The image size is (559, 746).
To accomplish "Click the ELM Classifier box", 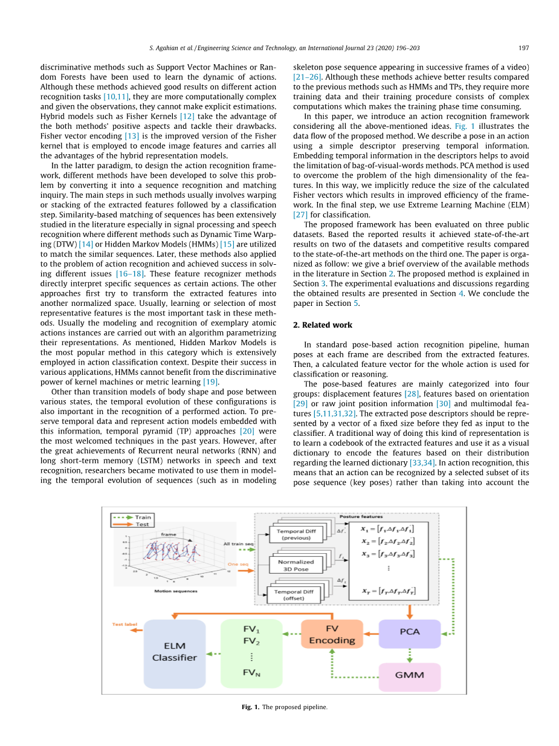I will pos(175,654).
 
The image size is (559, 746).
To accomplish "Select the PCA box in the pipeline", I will pos(410,632).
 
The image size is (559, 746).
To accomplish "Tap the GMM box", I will pos(410,676).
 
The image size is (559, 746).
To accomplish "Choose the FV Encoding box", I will pos(332,634).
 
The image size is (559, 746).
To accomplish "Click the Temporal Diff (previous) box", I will pos(296,534).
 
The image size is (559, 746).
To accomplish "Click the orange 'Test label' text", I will pos(124,624).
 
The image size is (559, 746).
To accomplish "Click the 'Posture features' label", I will pos(361,517).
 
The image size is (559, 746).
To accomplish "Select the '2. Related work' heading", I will pos(323,325).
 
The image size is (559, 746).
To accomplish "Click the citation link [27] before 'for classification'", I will pos(300,215).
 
